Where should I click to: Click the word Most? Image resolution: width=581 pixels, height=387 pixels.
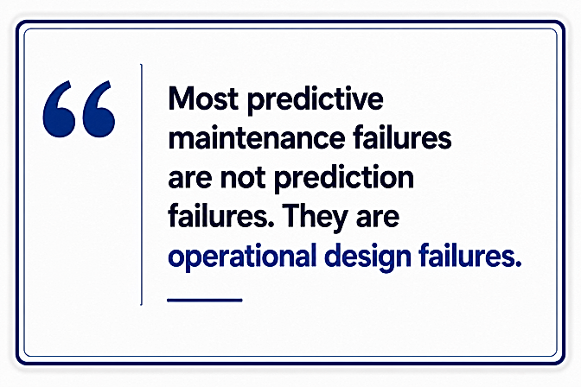pos(203,98)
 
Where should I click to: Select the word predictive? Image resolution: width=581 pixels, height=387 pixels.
pos(315,100)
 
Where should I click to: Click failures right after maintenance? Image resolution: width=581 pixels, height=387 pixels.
pos(402,137)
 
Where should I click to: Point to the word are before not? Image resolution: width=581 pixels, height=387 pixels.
pos(190,179)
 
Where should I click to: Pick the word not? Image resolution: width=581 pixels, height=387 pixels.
pos(243,178)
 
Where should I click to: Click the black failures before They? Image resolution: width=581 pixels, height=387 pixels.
pos(218,216)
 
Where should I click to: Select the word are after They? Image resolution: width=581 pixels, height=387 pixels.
pos(378,219)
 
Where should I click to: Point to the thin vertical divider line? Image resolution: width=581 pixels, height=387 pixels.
pos(141,184)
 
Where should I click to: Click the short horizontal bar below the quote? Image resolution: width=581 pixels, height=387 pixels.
pos(205,300)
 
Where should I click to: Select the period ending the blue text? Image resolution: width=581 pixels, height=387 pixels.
pos(518,263)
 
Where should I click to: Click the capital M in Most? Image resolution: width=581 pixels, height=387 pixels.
pos(181,98)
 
